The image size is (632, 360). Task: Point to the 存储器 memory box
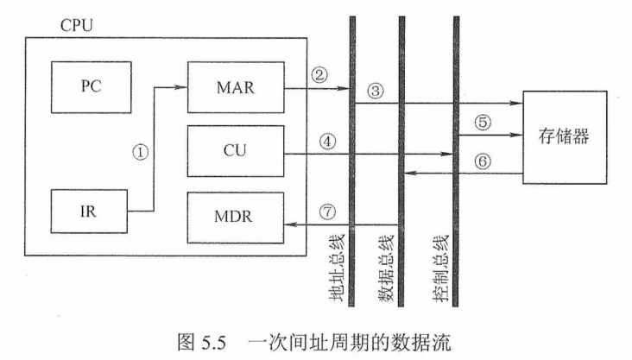coord(570,137)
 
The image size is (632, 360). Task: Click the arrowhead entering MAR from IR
coord(183,86)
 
